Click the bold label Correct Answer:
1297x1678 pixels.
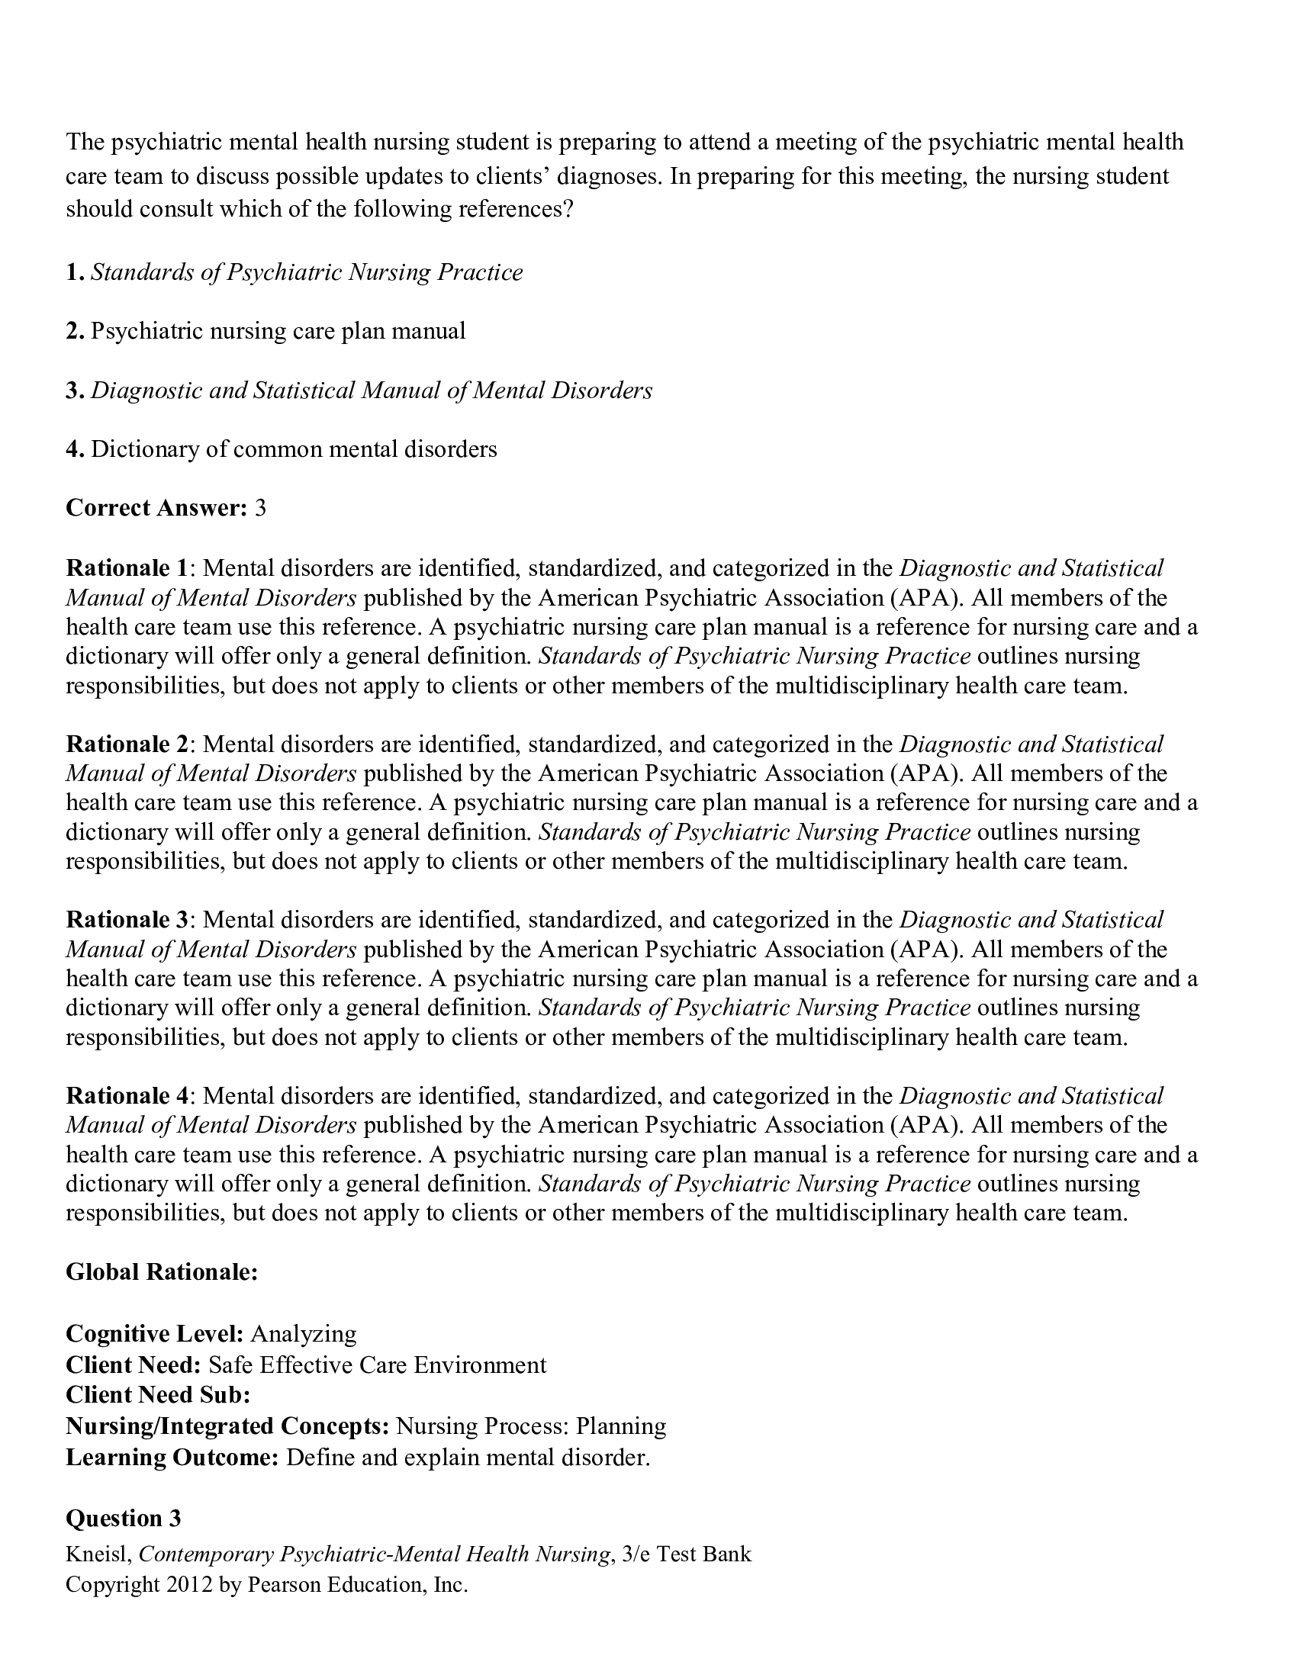(156, 508)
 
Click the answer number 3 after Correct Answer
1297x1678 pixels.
(260, 508)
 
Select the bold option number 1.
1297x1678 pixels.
(74, 272)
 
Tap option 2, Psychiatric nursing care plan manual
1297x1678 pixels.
(278, 331)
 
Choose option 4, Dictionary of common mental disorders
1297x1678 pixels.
(294, 448)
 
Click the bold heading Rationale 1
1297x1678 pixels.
(127, 567)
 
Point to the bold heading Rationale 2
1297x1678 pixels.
(127, 744)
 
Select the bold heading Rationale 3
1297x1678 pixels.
(127, 920)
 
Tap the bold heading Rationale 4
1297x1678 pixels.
(127, 1095)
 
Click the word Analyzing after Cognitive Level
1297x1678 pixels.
(304, 1333)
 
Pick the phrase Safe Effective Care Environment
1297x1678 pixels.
(377, 1365)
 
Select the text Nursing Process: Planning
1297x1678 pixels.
(530, 1426)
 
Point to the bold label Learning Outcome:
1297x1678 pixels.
(172, 1457)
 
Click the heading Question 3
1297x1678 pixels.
(123, 1518)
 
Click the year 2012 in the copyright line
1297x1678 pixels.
(188, 1584)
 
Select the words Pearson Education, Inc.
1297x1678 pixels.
(357, 1584)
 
